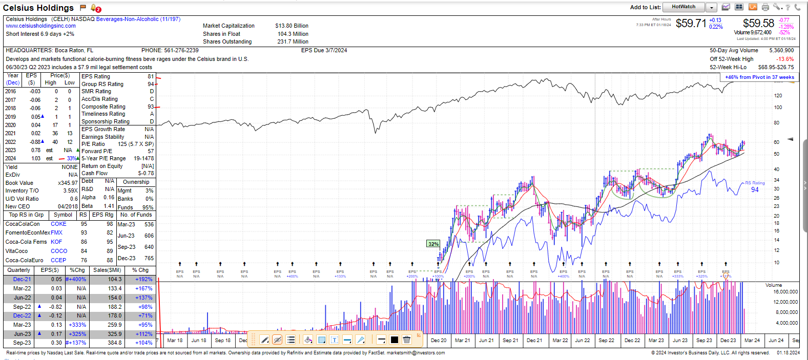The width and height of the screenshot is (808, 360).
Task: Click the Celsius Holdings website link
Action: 40,26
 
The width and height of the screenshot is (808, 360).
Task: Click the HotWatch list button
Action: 683,7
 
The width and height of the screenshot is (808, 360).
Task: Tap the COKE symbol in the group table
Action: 58,224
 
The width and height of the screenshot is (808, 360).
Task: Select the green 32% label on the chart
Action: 433,244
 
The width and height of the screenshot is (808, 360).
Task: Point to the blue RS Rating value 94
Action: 755,190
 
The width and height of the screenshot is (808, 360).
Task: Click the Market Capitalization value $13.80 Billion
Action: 292,26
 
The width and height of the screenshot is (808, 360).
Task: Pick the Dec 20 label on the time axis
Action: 439,341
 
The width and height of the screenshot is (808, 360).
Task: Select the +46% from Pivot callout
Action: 759,77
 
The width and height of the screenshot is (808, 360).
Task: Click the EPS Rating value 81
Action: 151,77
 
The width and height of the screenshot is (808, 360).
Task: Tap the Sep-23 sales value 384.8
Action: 115,343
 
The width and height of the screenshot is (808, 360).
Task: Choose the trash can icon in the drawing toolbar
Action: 407,340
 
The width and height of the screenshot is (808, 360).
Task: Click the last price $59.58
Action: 758,24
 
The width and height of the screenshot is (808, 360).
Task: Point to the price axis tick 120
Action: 778,96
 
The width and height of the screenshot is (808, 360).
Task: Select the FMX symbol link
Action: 56,233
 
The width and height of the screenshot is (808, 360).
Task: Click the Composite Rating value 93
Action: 151,107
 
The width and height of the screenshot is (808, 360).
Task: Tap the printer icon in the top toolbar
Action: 765,7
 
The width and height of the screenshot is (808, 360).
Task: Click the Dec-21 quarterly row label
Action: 22,280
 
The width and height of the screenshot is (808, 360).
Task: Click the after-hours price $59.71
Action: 691,24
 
